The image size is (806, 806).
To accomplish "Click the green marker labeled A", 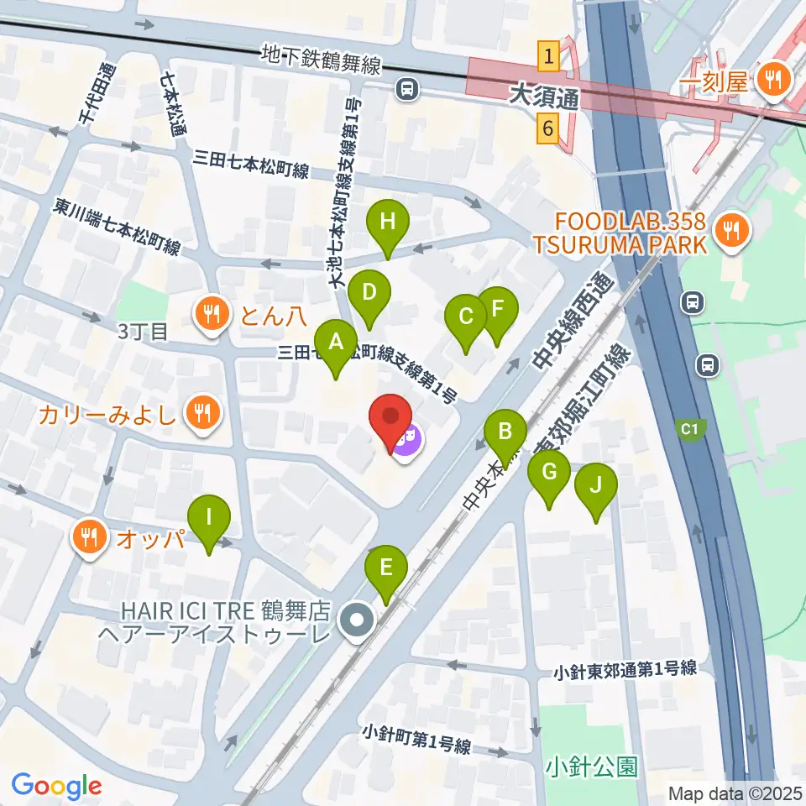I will [x=336, y=343].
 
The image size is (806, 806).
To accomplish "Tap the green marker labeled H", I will [x=387, y=223].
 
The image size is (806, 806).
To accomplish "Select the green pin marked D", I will [x=369, y=293].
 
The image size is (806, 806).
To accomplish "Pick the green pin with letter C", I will [x=467, y=317].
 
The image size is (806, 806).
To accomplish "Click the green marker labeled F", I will [x=497, y=308].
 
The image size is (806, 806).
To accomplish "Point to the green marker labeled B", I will [x=505, y=432].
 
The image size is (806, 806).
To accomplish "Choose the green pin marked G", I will [x=549, y=473].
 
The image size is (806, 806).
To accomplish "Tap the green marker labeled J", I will [x=596, y=484].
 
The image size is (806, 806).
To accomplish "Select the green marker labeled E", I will [x=386, y=568].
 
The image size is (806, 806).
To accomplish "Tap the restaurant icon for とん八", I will [x=208, y=314].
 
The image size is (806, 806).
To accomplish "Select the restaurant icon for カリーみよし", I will [x=202, y=412].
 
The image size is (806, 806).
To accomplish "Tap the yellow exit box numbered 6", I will [x=548, y=129].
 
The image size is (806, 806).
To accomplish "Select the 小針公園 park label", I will [x=591, y=766].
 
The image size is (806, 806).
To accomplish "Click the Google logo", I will [x=57, y=786].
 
